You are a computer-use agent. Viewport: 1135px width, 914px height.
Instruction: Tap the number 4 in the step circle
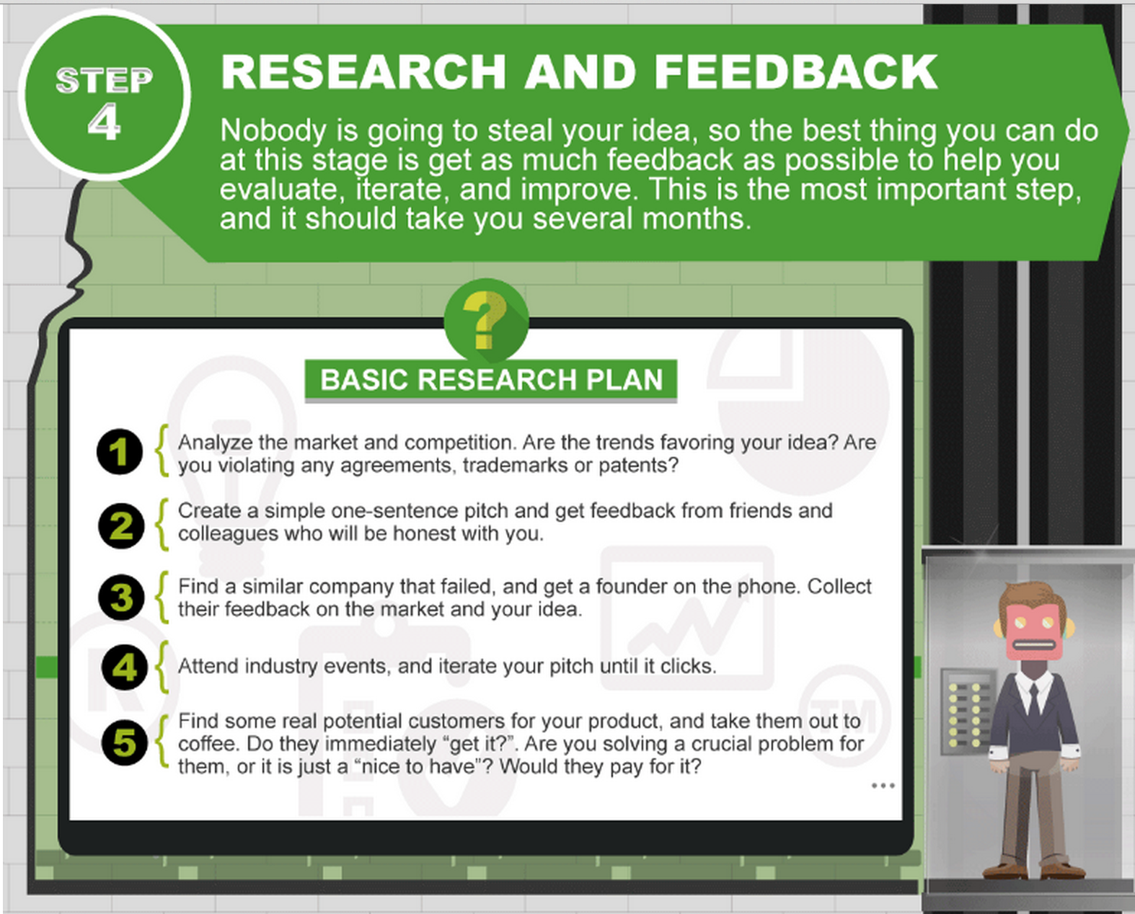105,123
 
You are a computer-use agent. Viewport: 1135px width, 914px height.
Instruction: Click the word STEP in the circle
105,81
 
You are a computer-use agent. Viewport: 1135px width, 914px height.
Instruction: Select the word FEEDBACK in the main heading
796,72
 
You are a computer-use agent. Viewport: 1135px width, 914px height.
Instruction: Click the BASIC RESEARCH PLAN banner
491,380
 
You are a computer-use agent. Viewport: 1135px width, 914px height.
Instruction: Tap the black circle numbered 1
120,451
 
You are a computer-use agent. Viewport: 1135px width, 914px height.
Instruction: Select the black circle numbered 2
121,525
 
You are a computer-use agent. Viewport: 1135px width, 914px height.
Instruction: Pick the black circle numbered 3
121,597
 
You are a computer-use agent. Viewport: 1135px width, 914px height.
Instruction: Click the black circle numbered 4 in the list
125,667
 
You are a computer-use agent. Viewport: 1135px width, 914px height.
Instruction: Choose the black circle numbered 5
125,742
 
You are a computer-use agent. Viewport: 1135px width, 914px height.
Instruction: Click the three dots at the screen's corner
883,785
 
